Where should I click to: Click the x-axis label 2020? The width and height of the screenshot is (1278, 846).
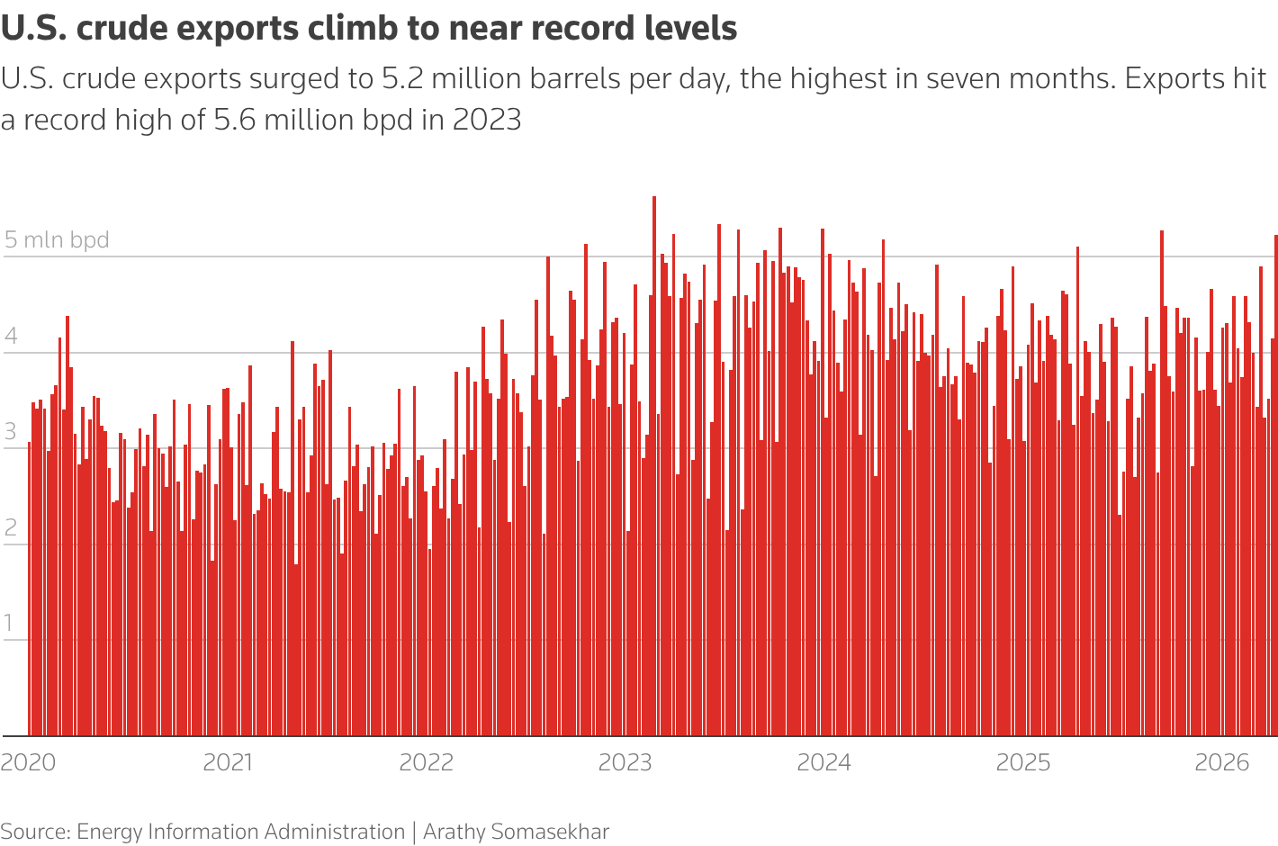coord(28,762)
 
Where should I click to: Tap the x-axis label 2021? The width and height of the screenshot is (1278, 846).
coord(228,762)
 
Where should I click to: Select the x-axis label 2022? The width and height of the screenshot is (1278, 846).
coord(427,762)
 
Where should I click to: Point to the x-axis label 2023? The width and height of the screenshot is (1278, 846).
coord(625,762)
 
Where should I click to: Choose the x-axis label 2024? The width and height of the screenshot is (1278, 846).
coord(824,762)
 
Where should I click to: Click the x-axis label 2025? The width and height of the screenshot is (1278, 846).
coord(1023,762)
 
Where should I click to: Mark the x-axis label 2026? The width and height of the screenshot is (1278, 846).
coord(1222,762)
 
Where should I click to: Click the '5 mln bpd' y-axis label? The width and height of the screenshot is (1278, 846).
coord(57,240)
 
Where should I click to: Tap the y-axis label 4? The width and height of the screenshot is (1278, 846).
coord(11,337)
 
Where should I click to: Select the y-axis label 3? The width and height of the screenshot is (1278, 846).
coord(11,432)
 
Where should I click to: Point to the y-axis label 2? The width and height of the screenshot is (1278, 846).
coord(11,528)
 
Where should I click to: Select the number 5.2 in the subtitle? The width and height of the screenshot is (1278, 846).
coord(400,79)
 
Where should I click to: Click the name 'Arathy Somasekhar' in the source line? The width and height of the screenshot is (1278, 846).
coord(516,832)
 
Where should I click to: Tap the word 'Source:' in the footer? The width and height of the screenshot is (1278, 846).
coord(35,832)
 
